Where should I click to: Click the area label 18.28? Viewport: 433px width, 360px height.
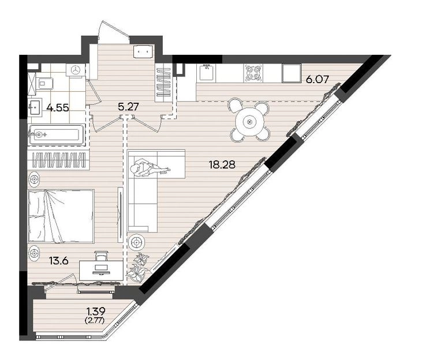tap(222, 165)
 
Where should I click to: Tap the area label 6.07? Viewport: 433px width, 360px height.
tap(318, 80)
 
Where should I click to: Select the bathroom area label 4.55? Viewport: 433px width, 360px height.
tap(57, 107)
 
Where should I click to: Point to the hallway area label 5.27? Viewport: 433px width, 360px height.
tap(128, 107)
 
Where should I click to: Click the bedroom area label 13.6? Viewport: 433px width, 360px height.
tap(58, 260)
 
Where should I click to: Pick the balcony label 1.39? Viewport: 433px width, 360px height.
tap(96, 312)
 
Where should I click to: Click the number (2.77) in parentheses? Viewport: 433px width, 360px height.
tap(96, 320)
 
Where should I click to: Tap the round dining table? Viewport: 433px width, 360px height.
tap(250, 121)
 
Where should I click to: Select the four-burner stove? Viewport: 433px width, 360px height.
tap(253, 73)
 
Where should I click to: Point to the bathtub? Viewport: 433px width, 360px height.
tap(57, 135)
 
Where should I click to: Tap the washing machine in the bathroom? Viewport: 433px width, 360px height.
tap(76, 70)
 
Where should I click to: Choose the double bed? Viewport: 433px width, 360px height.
tap(61, 216)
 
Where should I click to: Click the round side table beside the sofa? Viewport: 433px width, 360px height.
tap(136, 243)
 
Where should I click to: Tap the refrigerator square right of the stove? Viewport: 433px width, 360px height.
tap(292, 73)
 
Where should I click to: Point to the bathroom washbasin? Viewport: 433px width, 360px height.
tap(35, 106)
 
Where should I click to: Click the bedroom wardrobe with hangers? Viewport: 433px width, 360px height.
tap(58, 160)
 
